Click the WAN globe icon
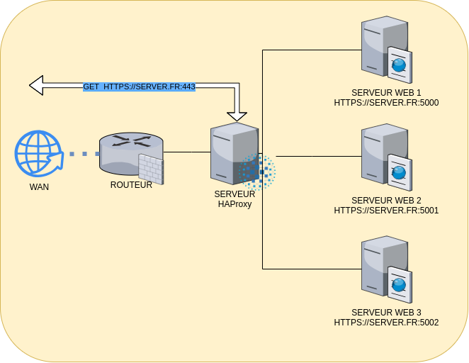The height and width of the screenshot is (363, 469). pos(38,153)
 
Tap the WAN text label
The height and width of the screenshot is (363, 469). pos(39,187)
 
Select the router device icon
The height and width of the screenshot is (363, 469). pos(128,153)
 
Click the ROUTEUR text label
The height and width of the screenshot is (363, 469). pos(131,184)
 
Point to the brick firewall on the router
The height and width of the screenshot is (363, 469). pos(151,169)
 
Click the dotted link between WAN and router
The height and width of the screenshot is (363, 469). pos(84,153)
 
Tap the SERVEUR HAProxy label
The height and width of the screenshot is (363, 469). pos(234,199)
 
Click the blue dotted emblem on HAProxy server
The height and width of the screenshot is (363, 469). pos(257,172)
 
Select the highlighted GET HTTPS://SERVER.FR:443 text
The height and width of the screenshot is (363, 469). pos(139,86)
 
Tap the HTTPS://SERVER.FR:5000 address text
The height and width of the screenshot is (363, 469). pos(386,102)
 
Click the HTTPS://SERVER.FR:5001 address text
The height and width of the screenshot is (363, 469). pos(386,210)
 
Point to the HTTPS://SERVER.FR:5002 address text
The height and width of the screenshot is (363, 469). pos(386,322)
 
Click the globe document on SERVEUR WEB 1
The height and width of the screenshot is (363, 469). pos(400,65)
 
